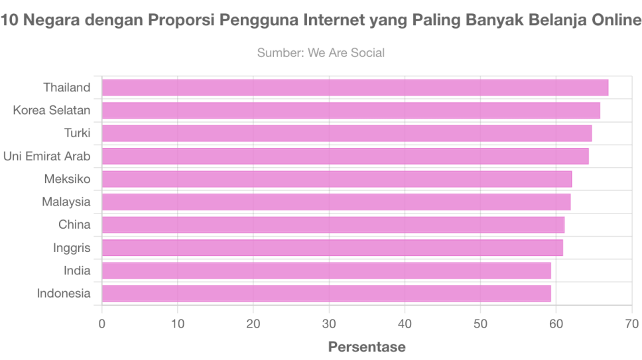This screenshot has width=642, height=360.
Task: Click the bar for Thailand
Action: coord(355,88)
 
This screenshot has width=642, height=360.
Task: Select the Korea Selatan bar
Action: coord(351,110)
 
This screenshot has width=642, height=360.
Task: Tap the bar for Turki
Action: coord(347,133)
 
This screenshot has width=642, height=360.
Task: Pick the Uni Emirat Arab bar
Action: coord(346,156)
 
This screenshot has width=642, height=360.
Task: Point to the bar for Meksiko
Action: coord(337,179)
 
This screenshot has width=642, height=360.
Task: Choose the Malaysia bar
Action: coord(336,202)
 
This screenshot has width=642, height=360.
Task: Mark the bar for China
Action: coord(333,225)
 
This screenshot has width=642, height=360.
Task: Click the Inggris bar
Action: coord(332,248)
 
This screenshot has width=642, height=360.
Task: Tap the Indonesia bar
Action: coord(326,293)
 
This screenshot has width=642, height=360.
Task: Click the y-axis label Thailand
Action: coord(66,88)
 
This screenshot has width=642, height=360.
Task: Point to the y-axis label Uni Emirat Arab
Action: coord(46,156)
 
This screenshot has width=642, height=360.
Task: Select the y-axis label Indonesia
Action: coord(63,293)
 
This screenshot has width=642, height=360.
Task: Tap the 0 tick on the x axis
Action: coord(102,324)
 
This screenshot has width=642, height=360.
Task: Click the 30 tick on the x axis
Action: coord(329,324)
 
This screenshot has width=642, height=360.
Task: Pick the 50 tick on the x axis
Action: coord(480,324)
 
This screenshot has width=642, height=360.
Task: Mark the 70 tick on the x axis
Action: coord(631,324)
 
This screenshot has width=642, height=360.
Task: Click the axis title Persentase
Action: coord(367,347)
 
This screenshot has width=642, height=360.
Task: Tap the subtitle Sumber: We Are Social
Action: coord(321,52)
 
